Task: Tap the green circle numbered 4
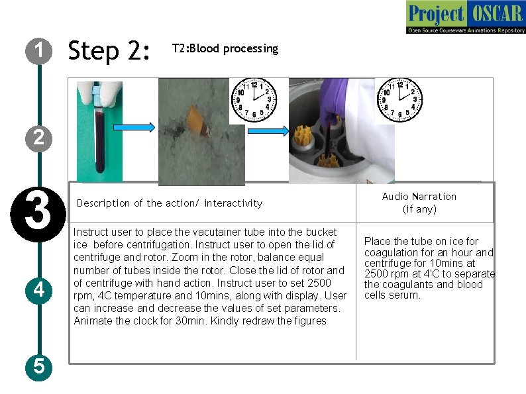point(40,289)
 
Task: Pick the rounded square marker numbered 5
point(40,366)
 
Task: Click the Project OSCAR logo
point(465,18)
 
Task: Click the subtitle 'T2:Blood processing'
point(225,49)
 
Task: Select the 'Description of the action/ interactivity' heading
point(170,203)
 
